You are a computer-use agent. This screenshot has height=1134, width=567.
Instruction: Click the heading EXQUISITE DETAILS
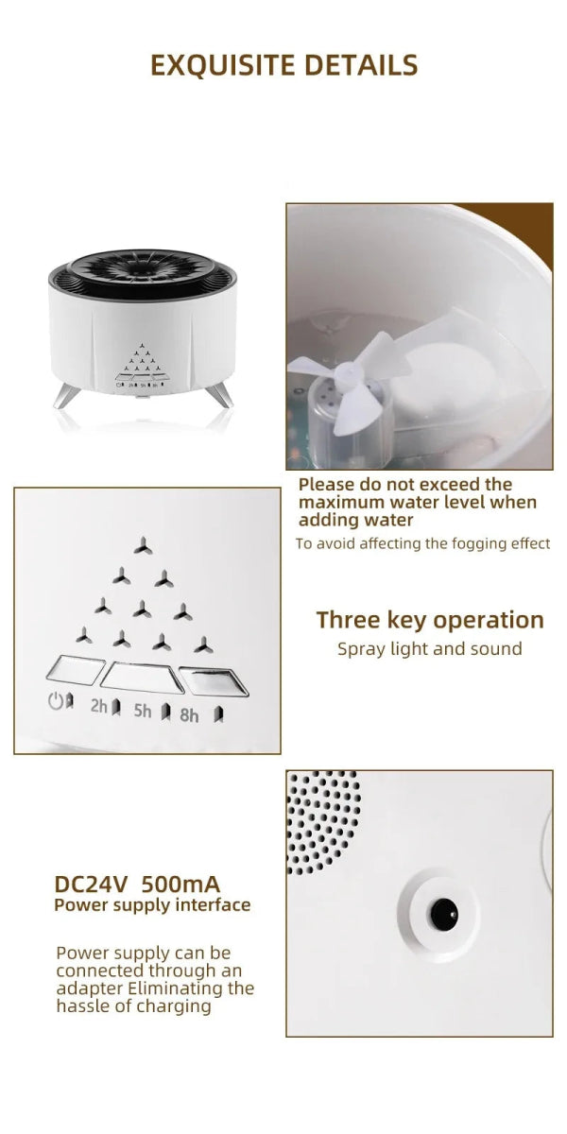coord(283,64)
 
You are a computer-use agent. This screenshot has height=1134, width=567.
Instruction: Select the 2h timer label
coord(99,705)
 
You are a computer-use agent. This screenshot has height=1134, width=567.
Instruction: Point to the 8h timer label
coord(189,715)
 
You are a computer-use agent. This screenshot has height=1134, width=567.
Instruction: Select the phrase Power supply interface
coord(152,905)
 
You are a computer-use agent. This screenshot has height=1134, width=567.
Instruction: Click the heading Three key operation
coord(430,620)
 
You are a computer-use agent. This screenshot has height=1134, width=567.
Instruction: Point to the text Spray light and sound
coord(429,648)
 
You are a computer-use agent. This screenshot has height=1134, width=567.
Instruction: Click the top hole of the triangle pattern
coord(141,544)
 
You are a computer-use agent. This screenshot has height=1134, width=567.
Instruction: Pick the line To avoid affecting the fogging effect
coord(422,543)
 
